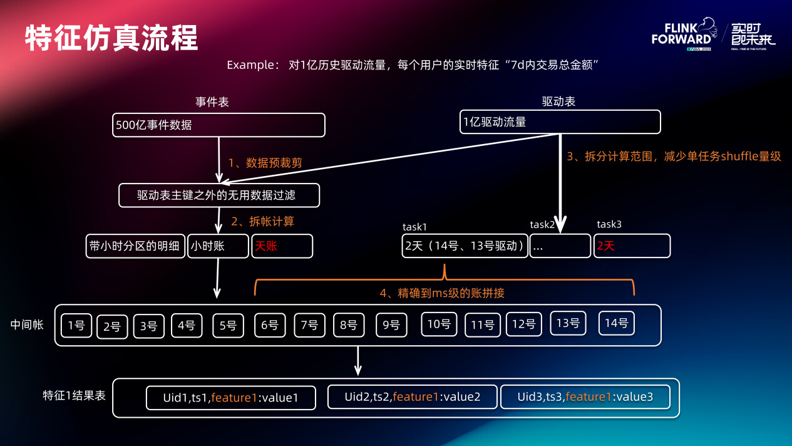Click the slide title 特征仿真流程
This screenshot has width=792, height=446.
click(111, 38)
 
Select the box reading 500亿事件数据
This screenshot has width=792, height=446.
click(219, 125)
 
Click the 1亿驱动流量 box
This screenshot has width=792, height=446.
click(560, 122)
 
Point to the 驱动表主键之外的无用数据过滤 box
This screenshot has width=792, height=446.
click(219, 195)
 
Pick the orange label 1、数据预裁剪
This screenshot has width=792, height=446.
click(265, 163)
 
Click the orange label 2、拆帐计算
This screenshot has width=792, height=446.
click(262, 221)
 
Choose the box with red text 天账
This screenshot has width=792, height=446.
click(282, 246)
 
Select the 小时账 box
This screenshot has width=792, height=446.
click(218, 246)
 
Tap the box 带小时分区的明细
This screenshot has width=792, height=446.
click(135, 246)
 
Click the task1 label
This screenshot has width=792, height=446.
click(414, 226)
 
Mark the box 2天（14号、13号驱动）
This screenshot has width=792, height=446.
click(465, 246)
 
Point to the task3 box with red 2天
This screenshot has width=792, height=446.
click(632, 246)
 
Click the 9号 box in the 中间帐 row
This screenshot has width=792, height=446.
click(391, 325)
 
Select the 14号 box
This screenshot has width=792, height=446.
click(617, 323)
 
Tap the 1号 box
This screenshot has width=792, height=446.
click(76, 325)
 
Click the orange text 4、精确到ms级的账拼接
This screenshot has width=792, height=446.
click(442, 293)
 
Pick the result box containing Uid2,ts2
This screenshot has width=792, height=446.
click(413, 397)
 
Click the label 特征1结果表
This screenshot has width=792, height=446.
click(75, 396)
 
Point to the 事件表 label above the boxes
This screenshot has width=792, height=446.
click(212, 102)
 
